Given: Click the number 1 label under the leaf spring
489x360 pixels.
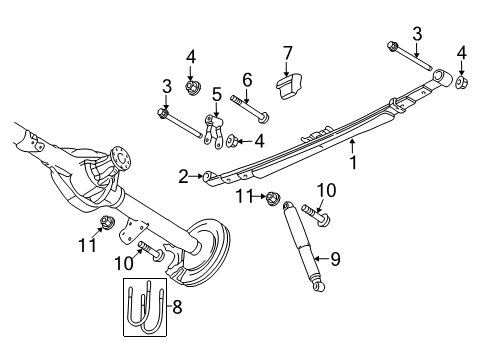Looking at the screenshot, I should point(351,158).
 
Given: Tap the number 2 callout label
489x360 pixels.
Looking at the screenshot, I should point(184,177).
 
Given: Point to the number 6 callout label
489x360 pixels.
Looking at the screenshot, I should point(246,79).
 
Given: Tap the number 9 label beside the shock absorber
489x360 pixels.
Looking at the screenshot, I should point(335,259).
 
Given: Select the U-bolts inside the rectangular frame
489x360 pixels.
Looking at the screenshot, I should point(146,306).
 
